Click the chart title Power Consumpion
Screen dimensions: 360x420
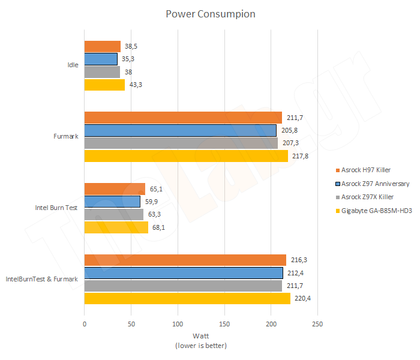[x=210, y=14]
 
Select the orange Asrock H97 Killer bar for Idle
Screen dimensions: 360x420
[x=102, y=46]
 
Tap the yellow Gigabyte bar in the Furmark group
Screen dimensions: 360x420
[x=186, y=156]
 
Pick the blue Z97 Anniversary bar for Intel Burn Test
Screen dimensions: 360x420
[x=112, y=202]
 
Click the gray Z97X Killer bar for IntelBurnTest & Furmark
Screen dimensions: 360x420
[x=183, y=286]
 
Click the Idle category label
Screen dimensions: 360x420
[x=73, y=65]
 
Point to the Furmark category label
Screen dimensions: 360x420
[x=66, y=137]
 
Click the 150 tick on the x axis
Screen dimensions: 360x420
[x=224, y=325]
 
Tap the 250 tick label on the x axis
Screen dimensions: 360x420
[x=317, y=325]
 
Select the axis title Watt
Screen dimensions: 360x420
[x=201, y=336]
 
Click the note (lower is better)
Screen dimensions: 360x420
[x=201, y=346]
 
